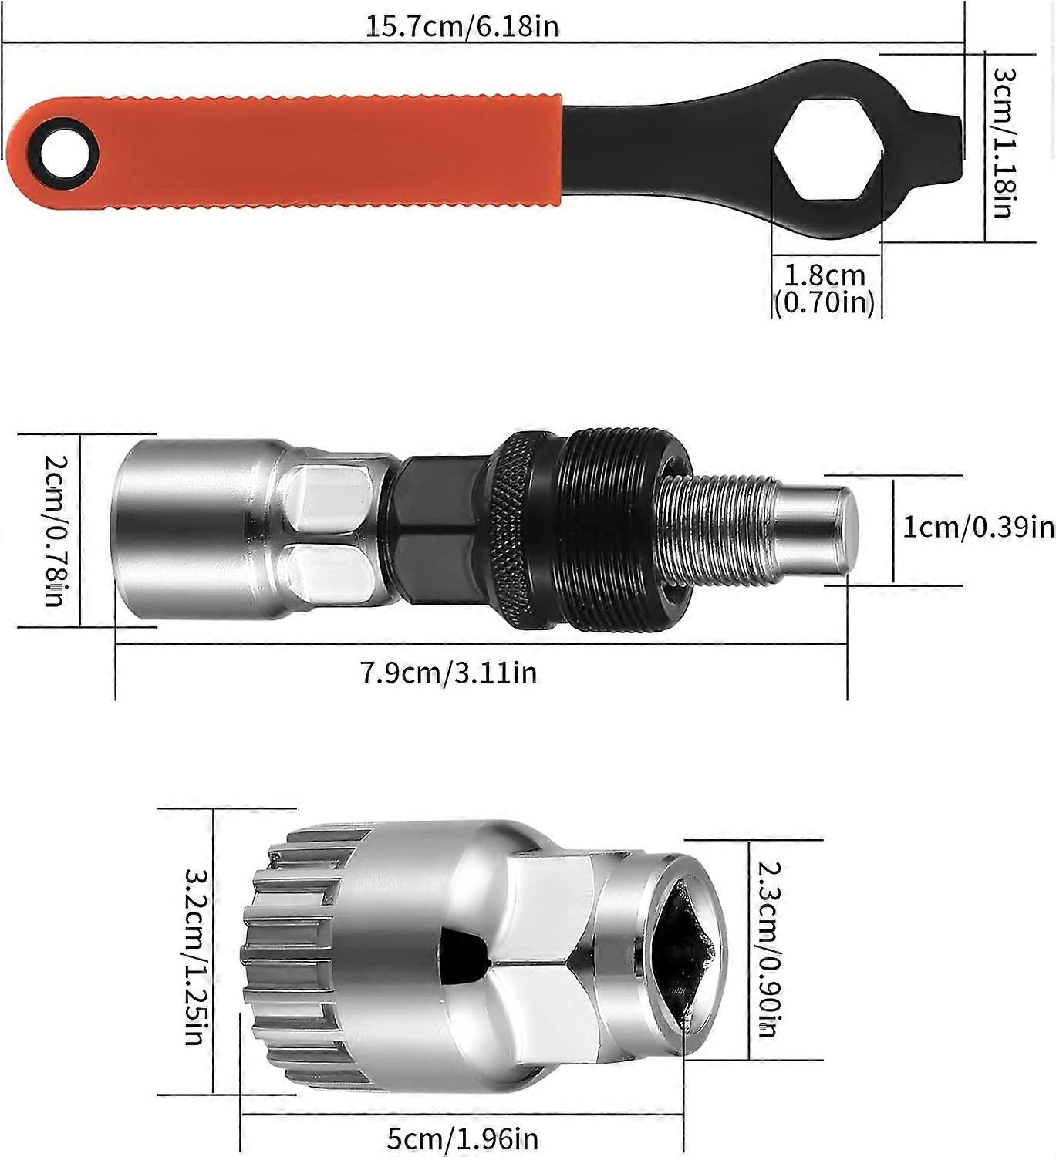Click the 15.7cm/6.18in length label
tap(461, 26)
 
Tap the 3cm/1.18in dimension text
tap(1004, 143)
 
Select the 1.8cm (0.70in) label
tap(825, 288)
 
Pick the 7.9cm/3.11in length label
tap(448, 673)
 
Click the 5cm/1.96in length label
tap(463, 1138)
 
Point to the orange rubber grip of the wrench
tap(324, 152)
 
